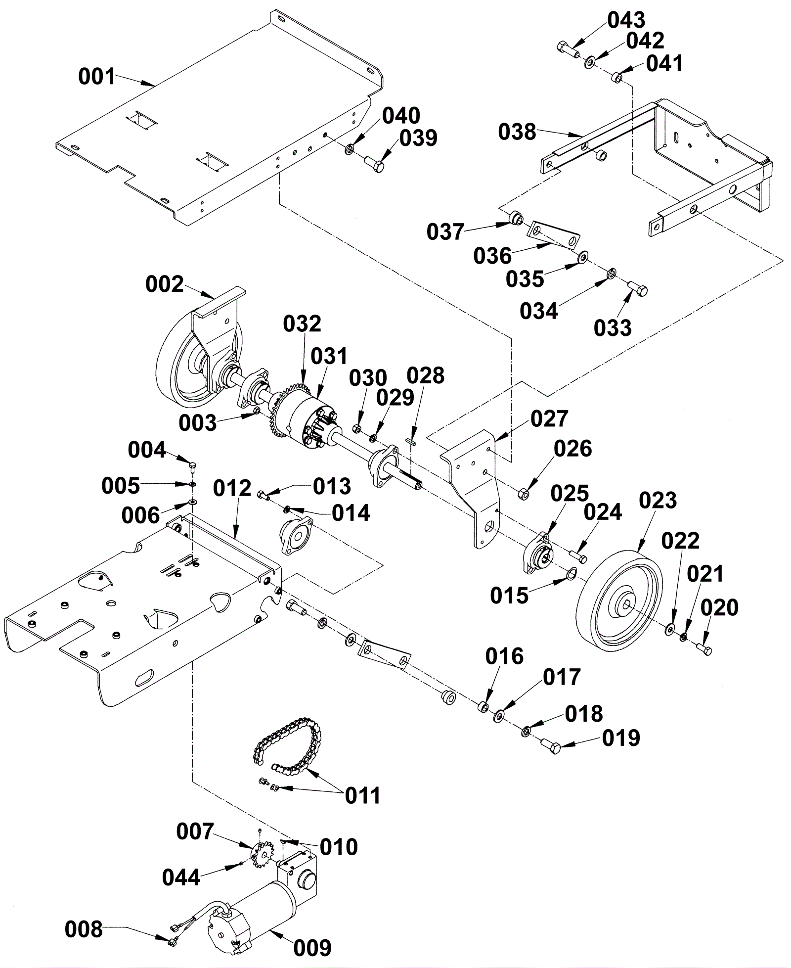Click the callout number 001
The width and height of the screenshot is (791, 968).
pos(96,77)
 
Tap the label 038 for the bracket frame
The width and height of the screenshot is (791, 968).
pos(517,132)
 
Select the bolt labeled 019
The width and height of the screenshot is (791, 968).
pos(549,746)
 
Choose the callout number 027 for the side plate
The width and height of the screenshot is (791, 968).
pos(549,418)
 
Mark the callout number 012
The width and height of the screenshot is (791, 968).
pos(232,488)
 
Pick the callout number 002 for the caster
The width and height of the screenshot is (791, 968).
pos(164,284)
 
